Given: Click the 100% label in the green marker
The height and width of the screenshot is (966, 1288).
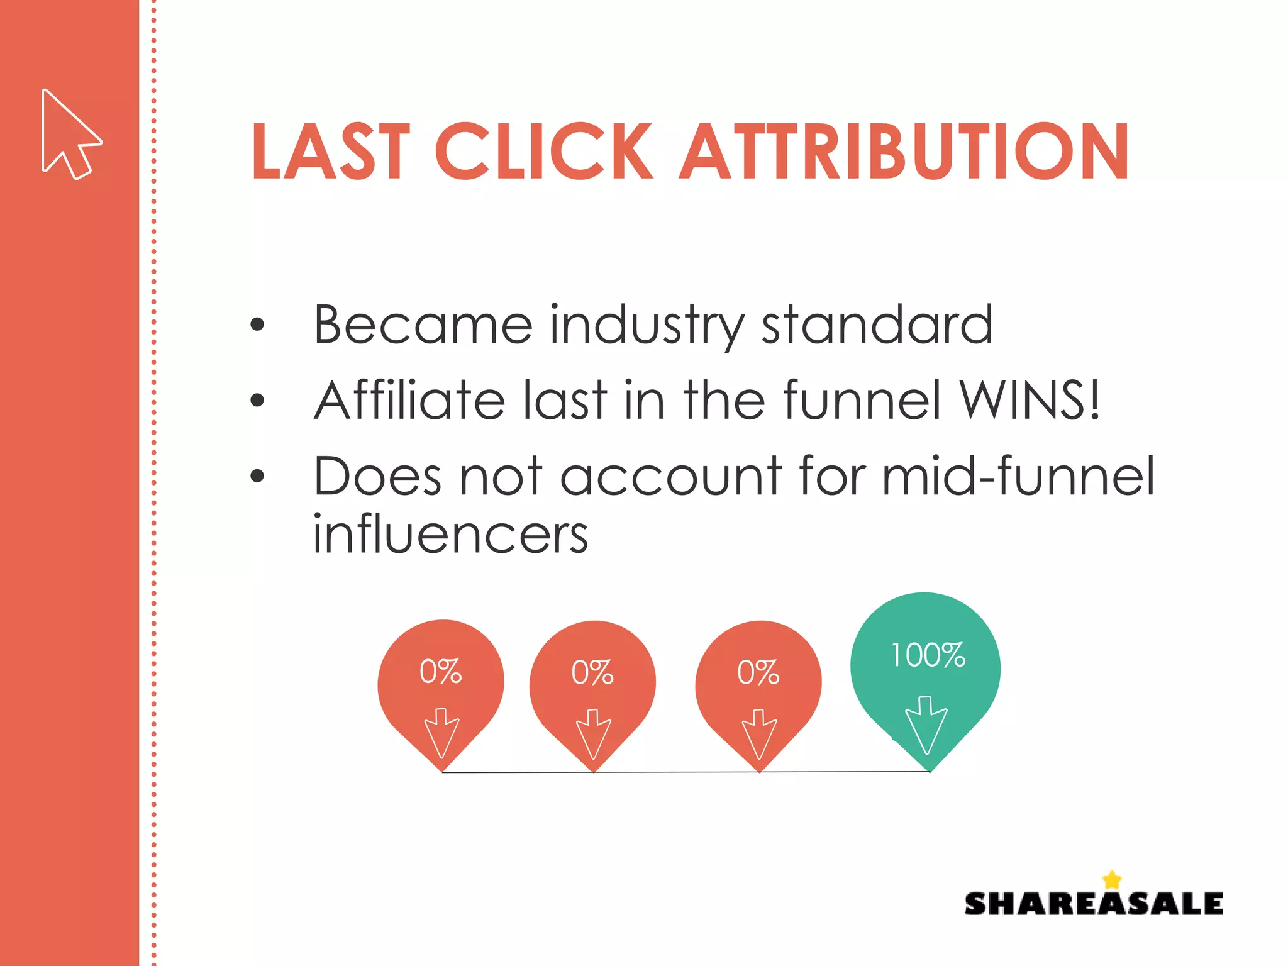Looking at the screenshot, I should click(928, 655).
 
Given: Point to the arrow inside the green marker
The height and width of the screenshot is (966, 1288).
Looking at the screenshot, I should click(926, 724).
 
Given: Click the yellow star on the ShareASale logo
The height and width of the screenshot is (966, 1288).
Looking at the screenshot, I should click(1112, 880).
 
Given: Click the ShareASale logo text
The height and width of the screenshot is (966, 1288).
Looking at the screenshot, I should click(1093, 904).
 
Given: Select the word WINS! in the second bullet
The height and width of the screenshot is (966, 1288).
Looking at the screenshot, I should click(1029, 400).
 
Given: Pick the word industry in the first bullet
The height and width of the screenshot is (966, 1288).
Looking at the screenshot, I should click(647, 326).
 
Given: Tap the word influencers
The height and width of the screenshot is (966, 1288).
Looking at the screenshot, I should click(450, 535).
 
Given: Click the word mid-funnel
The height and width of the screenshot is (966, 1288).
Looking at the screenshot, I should click(1018, 476).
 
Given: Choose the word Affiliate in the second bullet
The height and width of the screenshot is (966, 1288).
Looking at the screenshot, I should click(409, 400).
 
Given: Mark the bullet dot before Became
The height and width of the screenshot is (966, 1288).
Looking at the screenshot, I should click(257, 325).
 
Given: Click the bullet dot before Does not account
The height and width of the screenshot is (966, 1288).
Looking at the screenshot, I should click(257, 476).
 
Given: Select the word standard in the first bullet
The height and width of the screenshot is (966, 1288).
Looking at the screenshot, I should click(877, 325).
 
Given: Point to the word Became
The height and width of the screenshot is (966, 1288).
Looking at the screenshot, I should click(423, 325).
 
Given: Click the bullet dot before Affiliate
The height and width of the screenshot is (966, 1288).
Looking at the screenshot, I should click(257, 400).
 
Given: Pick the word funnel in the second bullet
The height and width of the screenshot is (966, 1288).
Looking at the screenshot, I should click(862, 400).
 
